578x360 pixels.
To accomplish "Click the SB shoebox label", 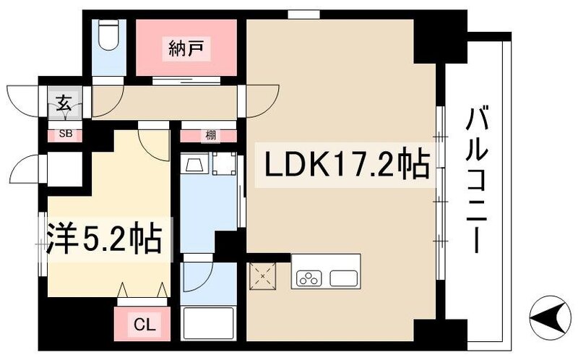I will pyautogui.click(x=64, y=134).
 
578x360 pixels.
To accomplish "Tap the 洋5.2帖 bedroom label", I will pyautogui.click(x=105, y=239).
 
